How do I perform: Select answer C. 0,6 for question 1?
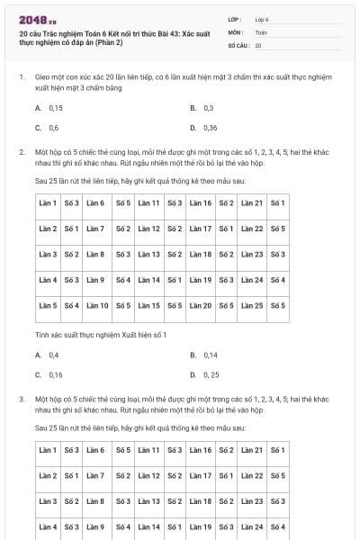(x=48, y=128)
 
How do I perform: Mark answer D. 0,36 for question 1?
(x=204, y=128)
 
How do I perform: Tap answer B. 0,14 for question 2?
(x=204, y=355)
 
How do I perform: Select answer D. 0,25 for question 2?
(x=204, y=374)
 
